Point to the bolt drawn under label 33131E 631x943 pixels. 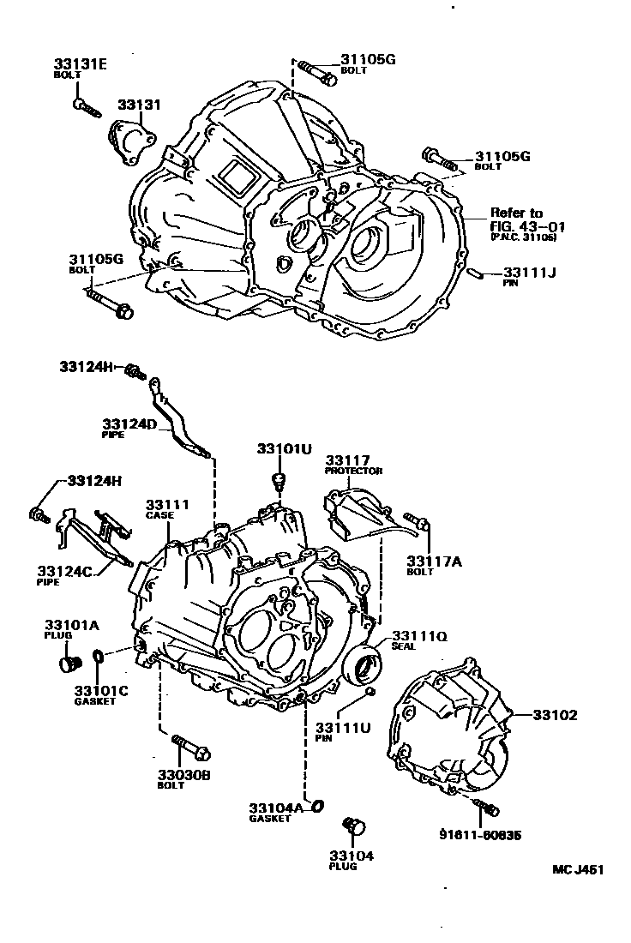click(x=86, y=108)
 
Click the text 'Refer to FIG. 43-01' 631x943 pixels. click(x=517, y=219)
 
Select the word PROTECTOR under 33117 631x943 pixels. click(x=353, y=471)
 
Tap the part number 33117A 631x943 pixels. click(x=433, y=562)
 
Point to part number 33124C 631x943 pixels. click(x=64, y=570)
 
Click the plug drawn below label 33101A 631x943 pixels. click(x=69, y=664)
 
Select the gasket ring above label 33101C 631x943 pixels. click(x=99, y=657)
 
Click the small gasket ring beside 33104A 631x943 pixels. click(x=317, y=805)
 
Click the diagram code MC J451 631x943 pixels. click(x=578, y=868)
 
